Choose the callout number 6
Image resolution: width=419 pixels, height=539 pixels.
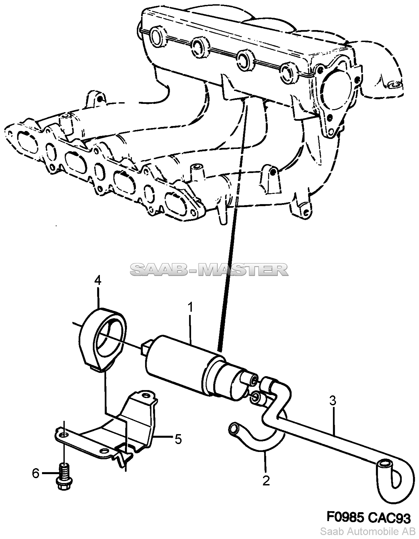(35, 473)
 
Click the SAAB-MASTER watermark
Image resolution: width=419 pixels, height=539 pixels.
(209, 270)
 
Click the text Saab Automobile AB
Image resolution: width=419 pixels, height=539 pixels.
(368, 531)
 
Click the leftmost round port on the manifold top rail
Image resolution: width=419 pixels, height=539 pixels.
(157, 38)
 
